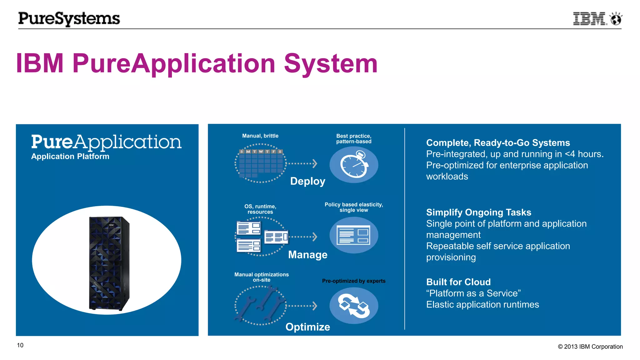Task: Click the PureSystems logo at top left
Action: (69, 19)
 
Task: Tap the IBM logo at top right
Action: (589, 19)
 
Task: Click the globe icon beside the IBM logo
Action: (616, 19)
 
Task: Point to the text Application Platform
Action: (70, 156)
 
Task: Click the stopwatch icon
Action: (354, 164)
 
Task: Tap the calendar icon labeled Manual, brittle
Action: (260, 163)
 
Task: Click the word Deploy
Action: (307, 181)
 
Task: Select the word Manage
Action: (307, 255)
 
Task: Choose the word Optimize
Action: (307, 327)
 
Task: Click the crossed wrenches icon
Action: (260, 305)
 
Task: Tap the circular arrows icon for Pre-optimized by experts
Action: (354, 306)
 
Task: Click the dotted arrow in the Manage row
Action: (302, 237)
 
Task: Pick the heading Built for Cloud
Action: (458, 282)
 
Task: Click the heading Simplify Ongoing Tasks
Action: (478, 212)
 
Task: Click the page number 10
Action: (20, 345)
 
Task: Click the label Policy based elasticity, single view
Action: (353, 207)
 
